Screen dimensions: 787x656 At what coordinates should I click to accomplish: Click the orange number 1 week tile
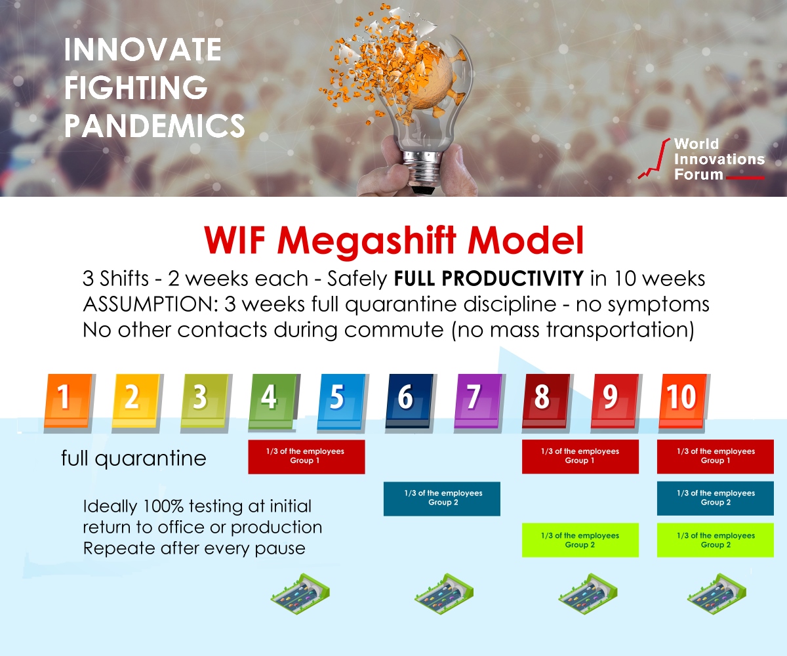point(68,402)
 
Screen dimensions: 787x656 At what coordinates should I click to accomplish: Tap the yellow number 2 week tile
point(136,402)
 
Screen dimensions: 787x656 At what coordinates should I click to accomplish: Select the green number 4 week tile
point(273,402)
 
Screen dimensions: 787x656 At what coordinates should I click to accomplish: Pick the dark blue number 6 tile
point(411,402)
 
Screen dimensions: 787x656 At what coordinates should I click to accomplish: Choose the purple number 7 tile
point(479,402)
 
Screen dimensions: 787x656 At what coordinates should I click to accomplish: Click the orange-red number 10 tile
point(684,402)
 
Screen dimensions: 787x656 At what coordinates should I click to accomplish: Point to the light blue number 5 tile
point(342,402)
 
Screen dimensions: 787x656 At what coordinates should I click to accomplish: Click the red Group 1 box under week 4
point(306,457)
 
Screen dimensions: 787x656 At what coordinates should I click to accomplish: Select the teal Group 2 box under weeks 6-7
point(442,499)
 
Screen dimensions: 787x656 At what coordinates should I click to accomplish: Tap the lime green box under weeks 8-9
point(580,540)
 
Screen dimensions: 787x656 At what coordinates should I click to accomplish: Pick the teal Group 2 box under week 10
point(716,498)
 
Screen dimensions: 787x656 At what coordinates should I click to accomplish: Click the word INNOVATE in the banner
point(142,49)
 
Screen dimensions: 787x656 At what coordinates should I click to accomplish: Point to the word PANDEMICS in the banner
point(155,125)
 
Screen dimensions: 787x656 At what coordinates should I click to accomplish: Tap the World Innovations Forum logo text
point(719,159)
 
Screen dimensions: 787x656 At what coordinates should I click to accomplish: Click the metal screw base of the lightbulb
point(422,171)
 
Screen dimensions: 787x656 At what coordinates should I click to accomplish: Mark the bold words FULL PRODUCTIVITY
point(489,278)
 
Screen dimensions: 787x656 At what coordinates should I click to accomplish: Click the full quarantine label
point(134,459)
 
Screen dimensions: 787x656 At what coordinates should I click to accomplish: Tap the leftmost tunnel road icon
point(300,594)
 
